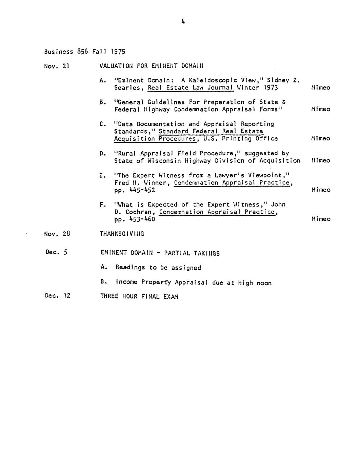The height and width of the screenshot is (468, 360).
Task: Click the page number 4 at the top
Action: (183, 22)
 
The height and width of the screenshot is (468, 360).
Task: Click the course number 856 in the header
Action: (82, 52)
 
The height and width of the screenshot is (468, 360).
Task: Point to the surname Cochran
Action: (138, 212)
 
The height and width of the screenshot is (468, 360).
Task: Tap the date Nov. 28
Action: (57, 234)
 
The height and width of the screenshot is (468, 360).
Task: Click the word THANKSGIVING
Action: (122, 234)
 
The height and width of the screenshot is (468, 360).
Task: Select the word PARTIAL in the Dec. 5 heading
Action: (177, 253)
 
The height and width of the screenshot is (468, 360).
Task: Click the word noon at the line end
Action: (264, 283)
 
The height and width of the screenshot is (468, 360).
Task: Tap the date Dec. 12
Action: (57, 295)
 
